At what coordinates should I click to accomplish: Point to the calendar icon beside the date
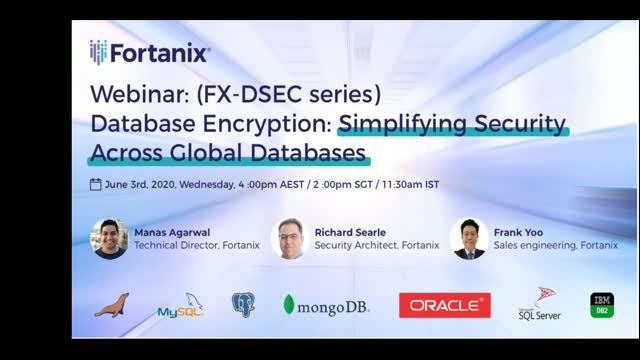pos(95,185)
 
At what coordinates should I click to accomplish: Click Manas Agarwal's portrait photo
pos(109,238)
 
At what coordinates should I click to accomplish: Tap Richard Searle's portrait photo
pos(288,238)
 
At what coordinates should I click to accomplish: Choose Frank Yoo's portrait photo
pos(468,238)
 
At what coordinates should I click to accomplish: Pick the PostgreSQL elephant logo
pos(243,305)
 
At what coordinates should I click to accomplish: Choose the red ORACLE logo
pos(444,305)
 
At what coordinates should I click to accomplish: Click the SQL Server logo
pos(541,305)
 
